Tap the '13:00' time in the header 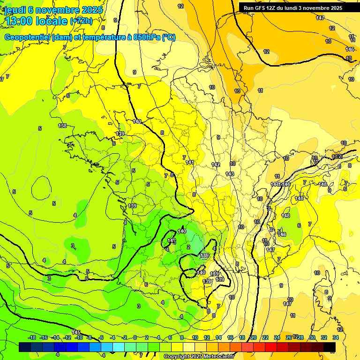click(18, 21)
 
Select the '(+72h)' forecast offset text click(81, 21)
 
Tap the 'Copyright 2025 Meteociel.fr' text click(199, 357)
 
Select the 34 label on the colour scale click(336, 337)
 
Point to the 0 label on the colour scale click(135, 337)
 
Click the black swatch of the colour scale click(330, 347)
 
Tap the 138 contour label click(62, 126)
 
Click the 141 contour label click(189, 162)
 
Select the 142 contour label click(216, 165)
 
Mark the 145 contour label click(76, 332)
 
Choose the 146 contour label click(350, 49)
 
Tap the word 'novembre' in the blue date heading click(56, 10)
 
